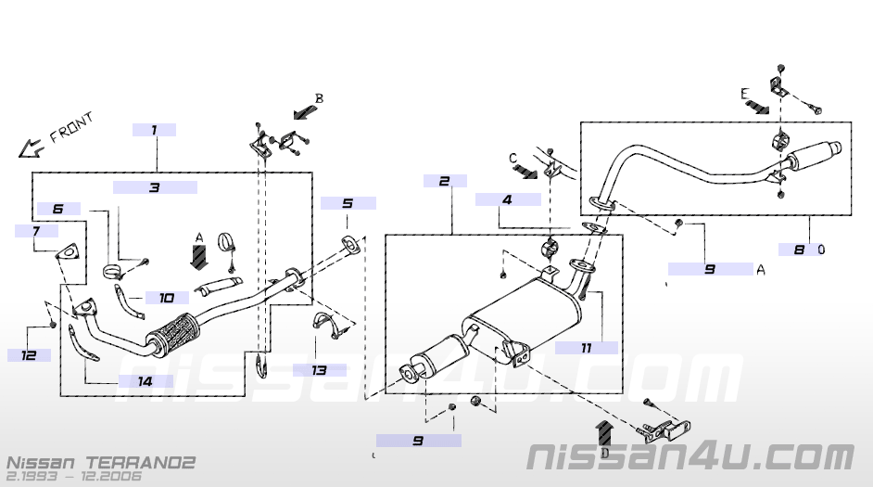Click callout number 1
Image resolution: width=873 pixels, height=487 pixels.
tap(154, 131)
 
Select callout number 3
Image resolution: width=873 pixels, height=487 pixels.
tap(154, 187)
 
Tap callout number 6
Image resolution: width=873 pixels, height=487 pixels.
tap(58, 210)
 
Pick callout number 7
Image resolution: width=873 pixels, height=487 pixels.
tap(35, 230)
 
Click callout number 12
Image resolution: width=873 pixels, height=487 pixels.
tap(30, 354)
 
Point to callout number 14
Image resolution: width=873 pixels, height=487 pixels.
tap(145, 380)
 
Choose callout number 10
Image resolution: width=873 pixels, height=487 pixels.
tap(167, 298)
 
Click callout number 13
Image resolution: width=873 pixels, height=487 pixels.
tap(319, 369)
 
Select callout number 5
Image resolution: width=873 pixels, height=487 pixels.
tap(348, 203)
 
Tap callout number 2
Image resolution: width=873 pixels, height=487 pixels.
tap(445, 181)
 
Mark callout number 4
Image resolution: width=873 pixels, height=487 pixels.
tap(508, 199)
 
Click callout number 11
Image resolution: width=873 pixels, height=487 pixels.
tap(586, 348)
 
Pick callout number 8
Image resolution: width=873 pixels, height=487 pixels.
tap(799, 249)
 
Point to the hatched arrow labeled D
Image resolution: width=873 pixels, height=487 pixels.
tap(604, 434)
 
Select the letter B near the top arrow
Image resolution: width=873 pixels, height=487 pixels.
tap(319, 98)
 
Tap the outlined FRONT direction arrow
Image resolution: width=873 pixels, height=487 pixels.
tap(32, 146)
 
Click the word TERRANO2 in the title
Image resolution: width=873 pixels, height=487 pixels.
tap(142, 461)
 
